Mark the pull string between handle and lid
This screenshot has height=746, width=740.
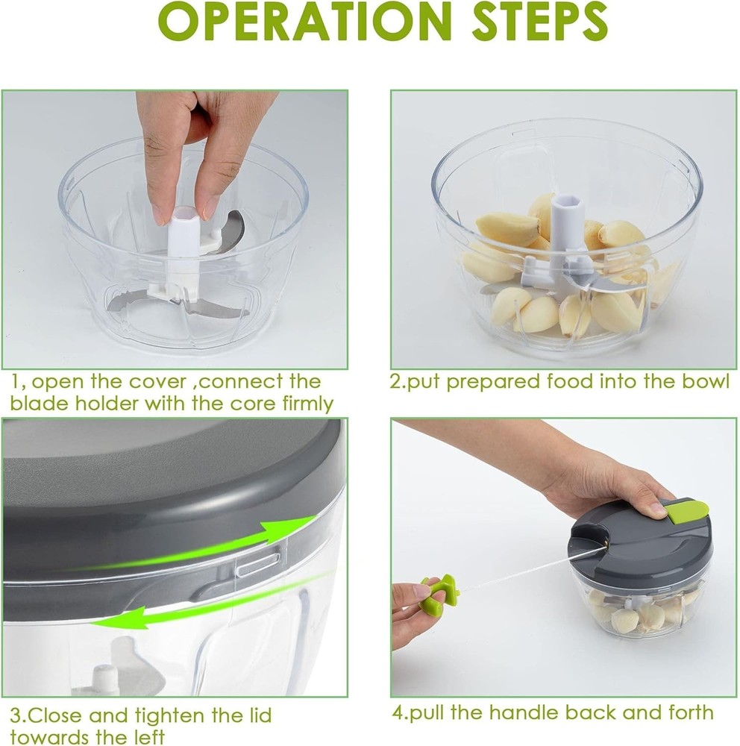pos(515,574)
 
